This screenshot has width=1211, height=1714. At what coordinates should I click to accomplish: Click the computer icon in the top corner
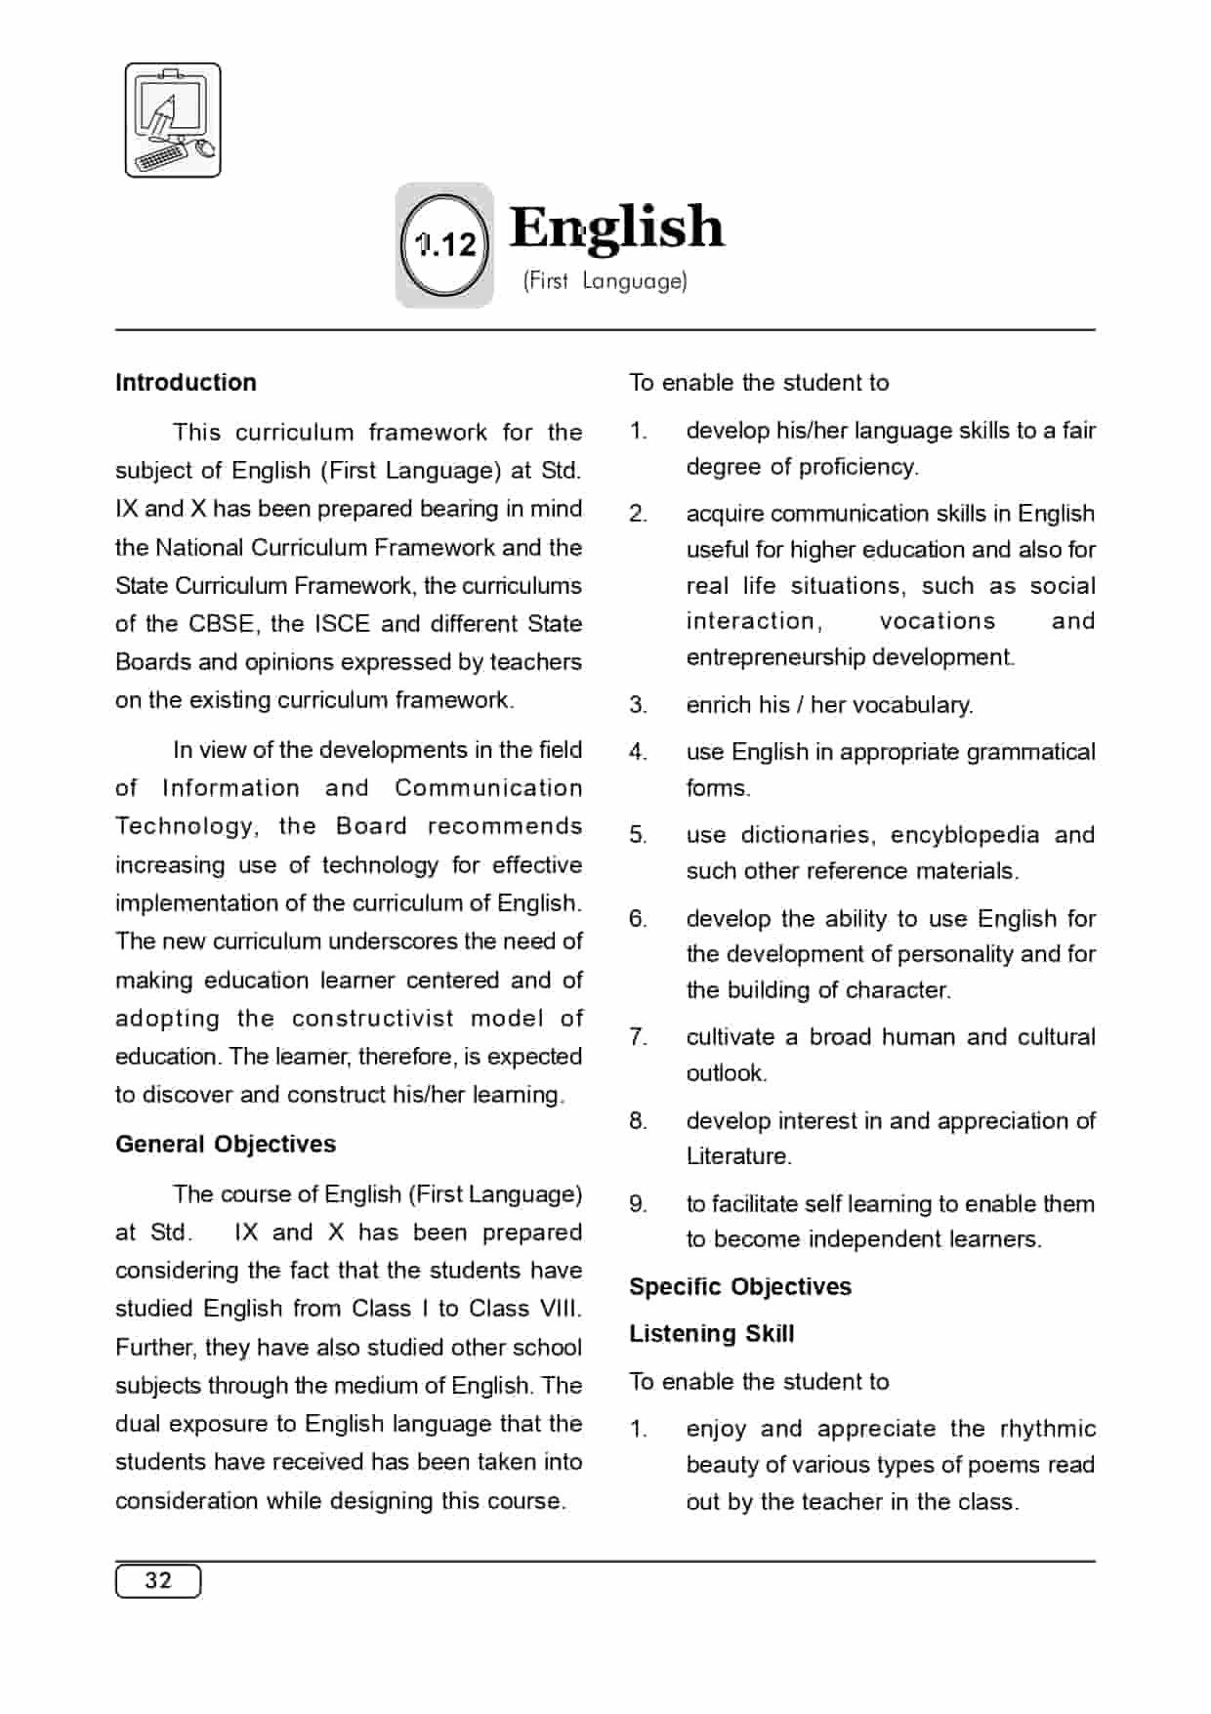173,120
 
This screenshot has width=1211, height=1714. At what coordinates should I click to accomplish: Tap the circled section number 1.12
445,244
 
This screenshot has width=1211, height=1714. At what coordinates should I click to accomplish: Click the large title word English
616,228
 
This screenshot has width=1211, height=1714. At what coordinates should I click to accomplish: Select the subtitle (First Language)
605,281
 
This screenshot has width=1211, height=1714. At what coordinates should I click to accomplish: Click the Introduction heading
186,383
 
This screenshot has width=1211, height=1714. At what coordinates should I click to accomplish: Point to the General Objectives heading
226,1144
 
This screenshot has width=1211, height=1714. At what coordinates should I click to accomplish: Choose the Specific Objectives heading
739,1286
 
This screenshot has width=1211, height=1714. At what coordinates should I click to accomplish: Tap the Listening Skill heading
711,1333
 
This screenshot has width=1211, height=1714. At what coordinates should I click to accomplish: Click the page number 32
158,1580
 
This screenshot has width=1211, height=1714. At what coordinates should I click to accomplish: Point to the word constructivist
373,1018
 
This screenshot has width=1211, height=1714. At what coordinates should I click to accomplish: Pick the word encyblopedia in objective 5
964,835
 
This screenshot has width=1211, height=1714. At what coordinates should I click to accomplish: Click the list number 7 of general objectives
638,1037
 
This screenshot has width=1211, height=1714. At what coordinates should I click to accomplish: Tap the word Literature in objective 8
738,1156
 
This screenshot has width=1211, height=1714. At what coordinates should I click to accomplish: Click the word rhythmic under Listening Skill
1047,1429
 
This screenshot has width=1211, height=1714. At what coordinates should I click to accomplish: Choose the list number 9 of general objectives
638,1204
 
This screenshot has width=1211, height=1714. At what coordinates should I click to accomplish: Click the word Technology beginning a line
186,826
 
